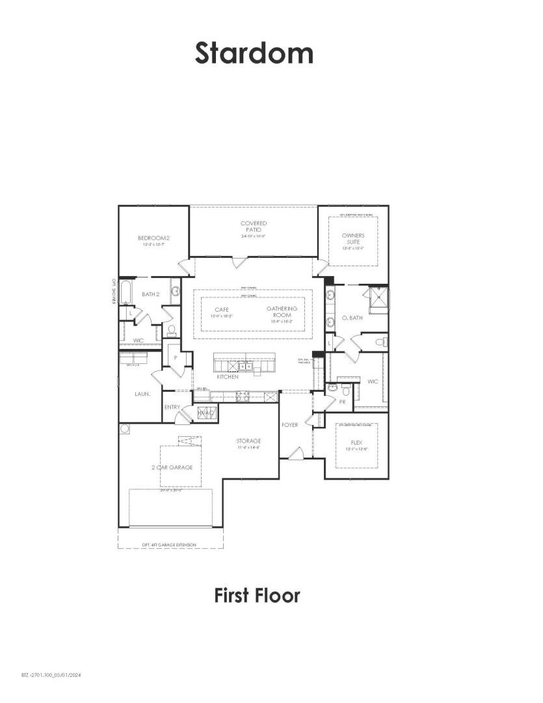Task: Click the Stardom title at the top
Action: [254, 53]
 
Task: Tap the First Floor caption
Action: [257, 595]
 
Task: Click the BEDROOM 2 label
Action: [153, 238]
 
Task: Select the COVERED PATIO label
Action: [254, 227]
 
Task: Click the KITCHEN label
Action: [228, 377]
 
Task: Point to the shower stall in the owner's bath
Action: [378, 301]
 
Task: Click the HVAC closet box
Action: [206, 413]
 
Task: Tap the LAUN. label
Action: [143, 394]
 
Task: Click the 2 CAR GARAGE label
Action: [177, 467]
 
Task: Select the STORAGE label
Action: [248, 441]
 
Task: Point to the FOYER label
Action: [289, 425]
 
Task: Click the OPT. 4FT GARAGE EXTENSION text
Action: [168, 544]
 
